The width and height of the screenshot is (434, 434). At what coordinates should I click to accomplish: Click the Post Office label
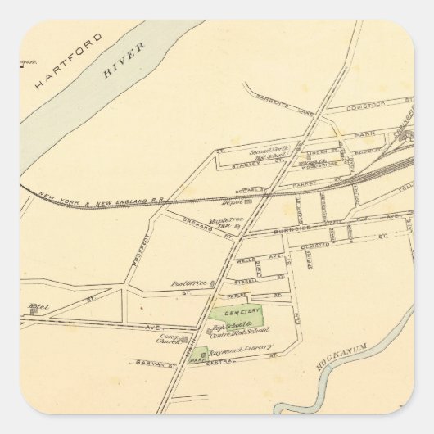(186, 283)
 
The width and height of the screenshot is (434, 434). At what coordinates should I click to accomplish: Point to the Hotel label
(38, 308)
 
